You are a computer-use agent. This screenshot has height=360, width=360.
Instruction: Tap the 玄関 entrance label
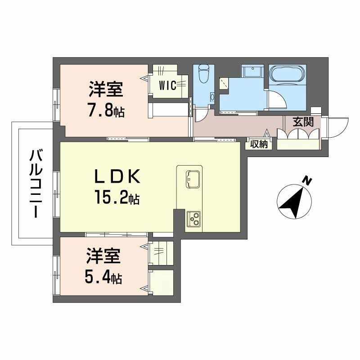302,121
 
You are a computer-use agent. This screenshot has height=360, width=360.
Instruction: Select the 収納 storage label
259,144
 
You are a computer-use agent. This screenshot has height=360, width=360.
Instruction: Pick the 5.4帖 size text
103,277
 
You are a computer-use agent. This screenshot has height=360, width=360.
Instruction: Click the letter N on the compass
307,181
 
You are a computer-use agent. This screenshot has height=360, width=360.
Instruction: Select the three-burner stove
194,219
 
